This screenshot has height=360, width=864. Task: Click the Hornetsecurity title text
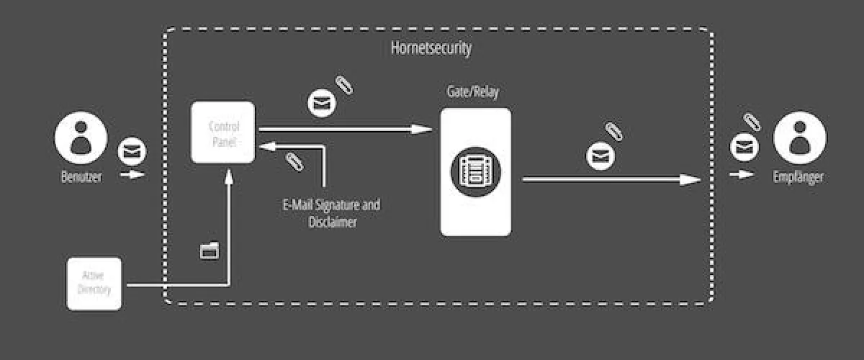[x=431, y=49]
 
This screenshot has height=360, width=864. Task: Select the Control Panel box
[x=223, y=132]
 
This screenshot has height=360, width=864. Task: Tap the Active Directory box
[x=94, y=284]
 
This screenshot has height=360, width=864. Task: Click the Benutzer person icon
[x=81, y=140]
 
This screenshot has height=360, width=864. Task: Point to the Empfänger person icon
[x=800, y=140]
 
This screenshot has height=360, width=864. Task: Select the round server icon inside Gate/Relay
[x=476, y=171]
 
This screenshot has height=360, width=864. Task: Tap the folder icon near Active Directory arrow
[x=210, y=250]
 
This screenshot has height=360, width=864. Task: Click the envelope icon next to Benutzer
[x=132, y=151]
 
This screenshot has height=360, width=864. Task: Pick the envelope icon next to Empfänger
[x=744, y=147]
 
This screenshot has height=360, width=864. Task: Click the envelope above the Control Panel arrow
[x=323, y=103]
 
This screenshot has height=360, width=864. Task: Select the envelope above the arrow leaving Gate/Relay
[x=600, y=156]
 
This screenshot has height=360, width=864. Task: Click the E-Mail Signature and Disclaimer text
[x=332, y=214]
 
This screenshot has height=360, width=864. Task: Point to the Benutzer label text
[x=81, y=177]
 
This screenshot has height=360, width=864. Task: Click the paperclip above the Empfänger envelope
[x=752, y=122]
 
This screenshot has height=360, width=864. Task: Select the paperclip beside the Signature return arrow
[x=293, y=161]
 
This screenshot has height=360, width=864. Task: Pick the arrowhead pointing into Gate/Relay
[x=424, y=130]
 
